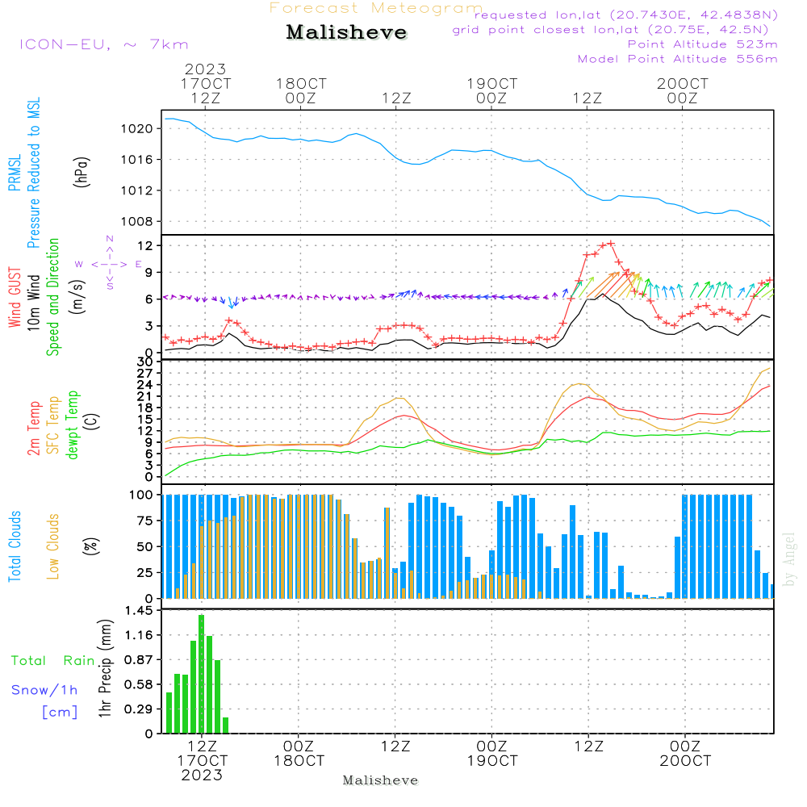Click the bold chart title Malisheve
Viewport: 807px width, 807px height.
346,33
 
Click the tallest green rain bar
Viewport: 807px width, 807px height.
201,674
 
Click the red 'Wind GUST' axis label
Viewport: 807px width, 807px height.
15,297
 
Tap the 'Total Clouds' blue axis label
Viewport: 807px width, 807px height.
15,546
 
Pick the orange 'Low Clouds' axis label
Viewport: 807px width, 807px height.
53,546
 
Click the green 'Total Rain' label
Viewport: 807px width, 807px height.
52,660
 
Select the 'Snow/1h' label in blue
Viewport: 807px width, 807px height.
44,690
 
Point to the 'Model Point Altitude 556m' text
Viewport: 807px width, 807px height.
677,59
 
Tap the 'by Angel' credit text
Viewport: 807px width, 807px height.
789,559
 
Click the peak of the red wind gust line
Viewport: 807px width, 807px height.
611,243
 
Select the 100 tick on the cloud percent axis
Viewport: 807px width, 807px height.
142,495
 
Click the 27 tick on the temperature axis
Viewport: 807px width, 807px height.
144,373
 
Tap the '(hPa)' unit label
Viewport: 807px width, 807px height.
81,172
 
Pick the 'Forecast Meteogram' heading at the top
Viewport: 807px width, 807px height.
376,8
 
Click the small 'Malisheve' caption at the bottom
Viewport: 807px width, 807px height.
380,780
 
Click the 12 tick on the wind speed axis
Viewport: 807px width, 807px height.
145,245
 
